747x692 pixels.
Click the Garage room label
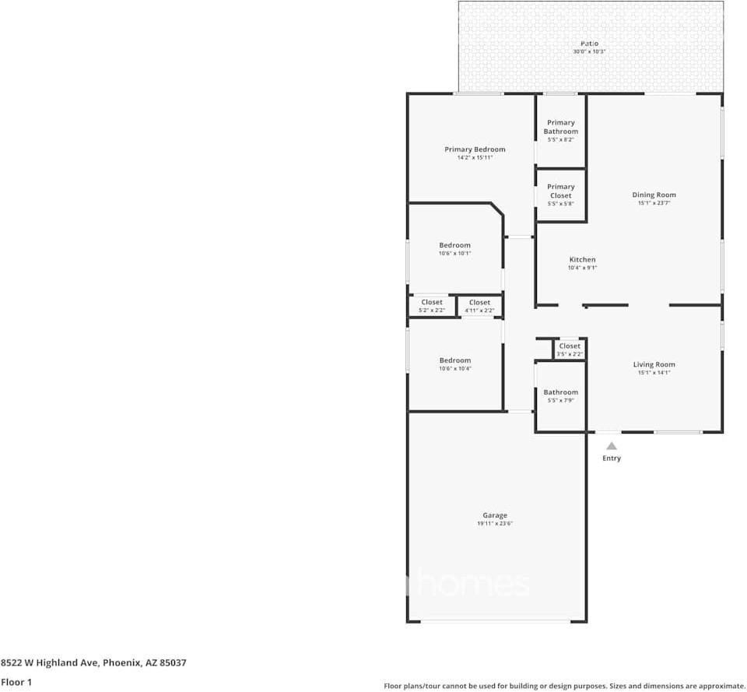(x=495, y=515)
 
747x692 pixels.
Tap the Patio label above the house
(x=590, y=44)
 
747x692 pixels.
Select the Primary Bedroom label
(x=475, y=149)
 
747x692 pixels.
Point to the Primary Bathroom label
(x=561, y=127)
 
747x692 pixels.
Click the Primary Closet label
(x=561, y=191)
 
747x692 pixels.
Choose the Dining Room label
(x=654, y=195)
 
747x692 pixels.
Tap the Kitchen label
(x=582, y=259)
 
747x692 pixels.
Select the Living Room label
(x=654, y=364)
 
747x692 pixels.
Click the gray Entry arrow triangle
(x=612, y=446)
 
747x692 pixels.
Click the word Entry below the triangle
(x=612, y=458)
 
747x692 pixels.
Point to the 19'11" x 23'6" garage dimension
(x=495, y=524)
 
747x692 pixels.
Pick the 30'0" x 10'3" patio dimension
(x=589, y=51)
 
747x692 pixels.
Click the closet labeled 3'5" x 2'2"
(x=569, y=350)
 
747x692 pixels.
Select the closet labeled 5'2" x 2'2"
(x=432, y=306)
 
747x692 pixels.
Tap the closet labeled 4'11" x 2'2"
(x=479, y=306)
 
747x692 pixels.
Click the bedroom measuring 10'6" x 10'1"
(x=454, y=249)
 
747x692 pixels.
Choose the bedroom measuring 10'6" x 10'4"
(x=454, y=364)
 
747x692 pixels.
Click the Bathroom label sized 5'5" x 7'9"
(x=560, y=395)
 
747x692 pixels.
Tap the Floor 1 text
(x=16, y=682)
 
